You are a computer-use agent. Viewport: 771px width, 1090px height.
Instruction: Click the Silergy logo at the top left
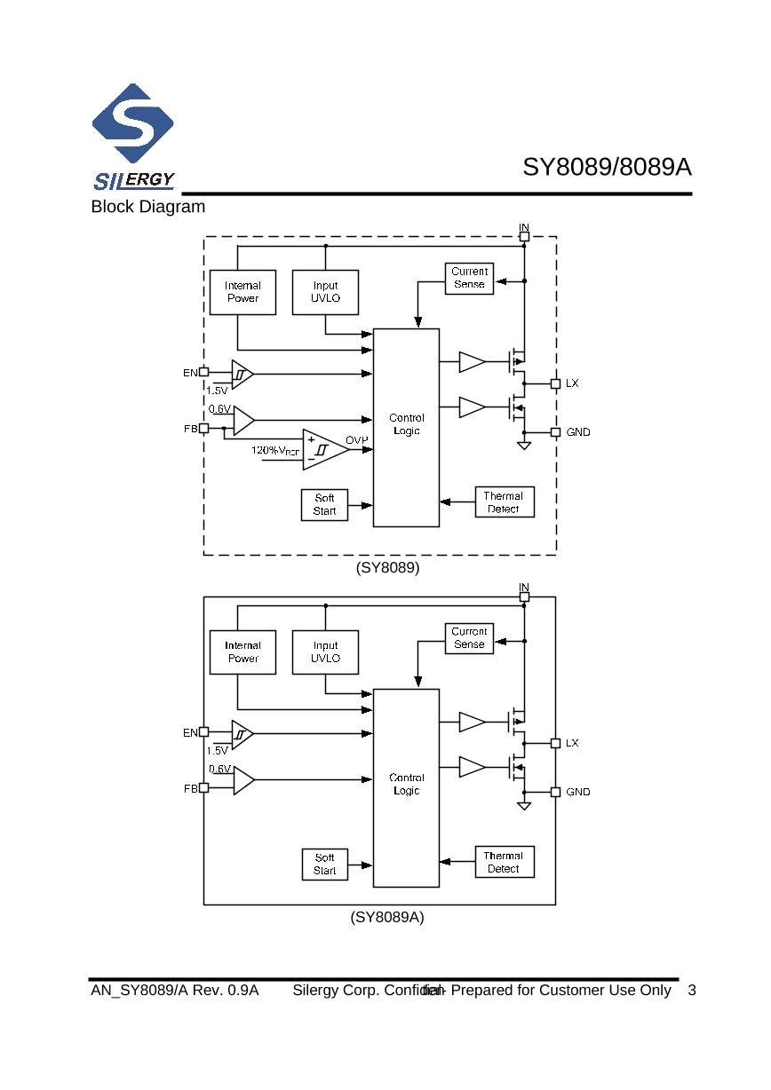(x=133, y=138)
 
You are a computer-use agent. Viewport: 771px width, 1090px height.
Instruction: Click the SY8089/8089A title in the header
(x=607, y=168)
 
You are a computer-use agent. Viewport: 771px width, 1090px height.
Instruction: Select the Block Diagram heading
(x=147, y=207)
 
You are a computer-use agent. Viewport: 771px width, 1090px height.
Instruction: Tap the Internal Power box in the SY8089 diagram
(x=242, y=292)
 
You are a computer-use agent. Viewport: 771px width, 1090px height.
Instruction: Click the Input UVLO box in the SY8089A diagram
(x=325, y=652)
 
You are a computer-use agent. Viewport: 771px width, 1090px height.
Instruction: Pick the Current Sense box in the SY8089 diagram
(x=469, y=278)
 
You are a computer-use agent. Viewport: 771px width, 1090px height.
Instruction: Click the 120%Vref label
(x=274, y=451)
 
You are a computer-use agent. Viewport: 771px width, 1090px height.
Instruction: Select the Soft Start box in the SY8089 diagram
(x=324, y=505)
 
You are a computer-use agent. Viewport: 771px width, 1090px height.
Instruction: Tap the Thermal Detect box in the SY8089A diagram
(x=504, y=862)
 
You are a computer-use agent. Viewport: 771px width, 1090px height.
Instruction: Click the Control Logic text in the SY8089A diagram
(x=406, y=784)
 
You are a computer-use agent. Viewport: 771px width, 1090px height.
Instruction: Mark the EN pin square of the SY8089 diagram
(x=203, y=373)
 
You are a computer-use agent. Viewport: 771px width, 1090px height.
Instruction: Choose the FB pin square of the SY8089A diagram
(x=203, y=787)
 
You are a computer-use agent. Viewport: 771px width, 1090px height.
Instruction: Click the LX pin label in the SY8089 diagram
(x=572, y=383)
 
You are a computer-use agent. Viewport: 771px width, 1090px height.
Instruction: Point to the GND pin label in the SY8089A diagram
(x=577, y=792)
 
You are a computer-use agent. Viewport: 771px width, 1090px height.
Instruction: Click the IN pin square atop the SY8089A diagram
(x=524, y=596)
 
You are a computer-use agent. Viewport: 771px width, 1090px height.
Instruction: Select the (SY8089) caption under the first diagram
(x=387, y=566)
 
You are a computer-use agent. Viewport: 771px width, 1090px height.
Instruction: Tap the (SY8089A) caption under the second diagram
(x=387, y=917)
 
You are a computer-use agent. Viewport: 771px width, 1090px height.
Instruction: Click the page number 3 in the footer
(x=692, y=991)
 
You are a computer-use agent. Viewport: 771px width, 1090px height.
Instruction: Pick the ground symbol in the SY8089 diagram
(x=524, y=445)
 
